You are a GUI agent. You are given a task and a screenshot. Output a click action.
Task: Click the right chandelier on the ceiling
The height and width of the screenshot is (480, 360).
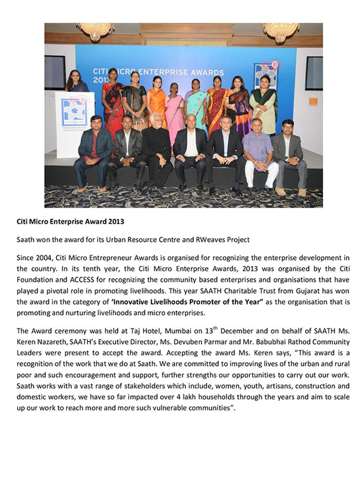tap(281, 31)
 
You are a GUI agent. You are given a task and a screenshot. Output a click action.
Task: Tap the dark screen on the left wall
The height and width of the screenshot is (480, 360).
tap(54, 72)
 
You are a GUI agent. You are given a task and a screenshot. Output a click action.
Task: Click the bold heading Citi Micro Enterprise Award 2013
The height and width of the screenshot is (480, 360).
tap(70, 222)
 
